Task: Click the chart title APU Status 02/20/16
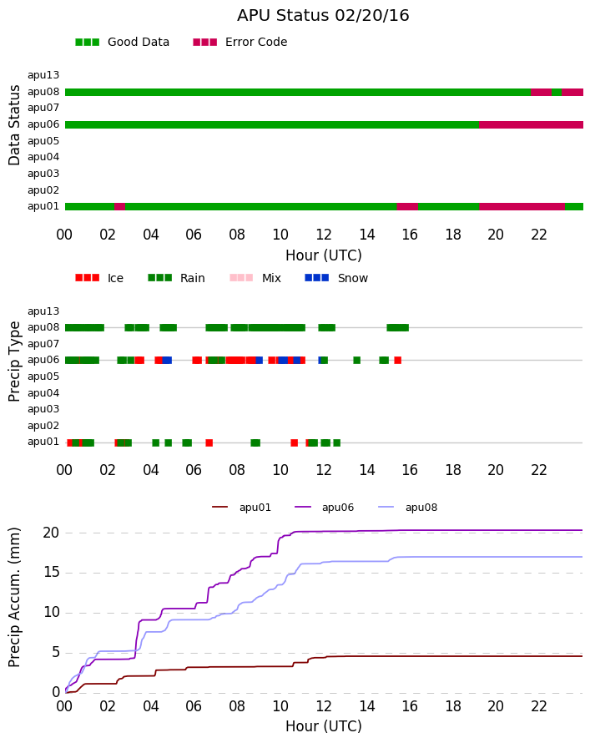pos(323,16)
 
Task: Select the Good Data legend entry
pos(122,43)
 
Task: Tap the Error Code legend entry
pos(240,43)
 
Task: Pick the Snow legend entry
pos(336,278)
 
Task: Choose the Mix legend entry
pos(255,278)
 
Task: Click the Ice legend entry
pos(99,278)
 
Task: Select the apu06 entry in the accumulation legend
pos(325,508)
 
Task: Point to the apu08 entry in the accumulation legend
pos(408,508)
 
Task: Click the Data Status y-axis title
pos(14,125)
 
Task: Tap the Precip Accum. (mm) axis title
pos(14,598)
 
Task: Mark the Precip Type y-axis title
pos(14,361)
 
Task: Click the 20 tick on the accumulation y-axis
pos(51,533)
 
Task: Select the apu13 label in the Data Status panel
pos(43,75)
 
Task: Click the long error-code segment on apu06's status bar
pos(531,125)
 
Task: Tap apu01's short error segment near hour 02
pos(120,206)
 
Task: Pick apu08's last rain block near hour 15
pos(398,327)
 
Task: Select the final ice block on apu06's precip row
pos(398,360)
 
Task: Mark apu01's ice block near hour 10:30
pos(294,443)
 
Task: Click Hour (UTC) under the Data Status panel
pos(324,255)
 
